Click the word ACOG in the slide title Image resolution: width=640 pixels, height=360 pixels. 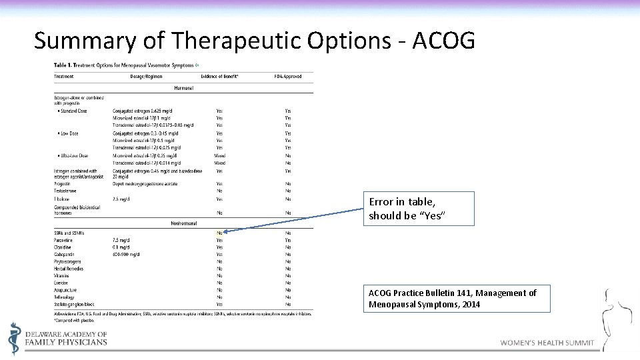pos(444,41)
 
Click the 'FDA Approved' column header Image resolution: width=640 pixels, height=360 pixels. pos(288,77)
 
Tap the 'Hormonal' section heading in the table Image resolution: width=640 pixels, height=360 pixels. pos(183,87)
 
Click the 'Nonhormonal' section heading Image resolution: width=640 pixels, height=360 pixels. pos(183,223)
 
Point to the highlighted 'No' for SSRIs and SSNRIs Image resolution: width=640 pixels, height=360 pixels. pos(219,233)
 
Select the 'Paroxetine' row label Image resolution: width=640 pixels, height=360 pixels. pos(63,240)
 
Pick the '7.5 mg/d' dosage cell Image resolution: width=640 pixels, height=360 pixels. pos(121,240)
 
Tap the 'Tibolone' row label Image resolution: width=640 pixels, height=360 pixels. pos(61,199)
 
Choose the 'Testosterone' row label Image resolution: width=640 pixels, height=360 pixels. pos(65,191)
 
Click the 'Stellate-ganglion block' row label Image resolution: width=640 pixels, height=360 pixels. pos(74,304)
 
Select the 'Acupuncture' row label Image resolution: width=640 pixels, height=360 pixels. pos(65,290)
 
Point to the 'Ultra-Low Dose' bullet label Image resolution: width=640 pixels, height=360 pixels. pos(73,155)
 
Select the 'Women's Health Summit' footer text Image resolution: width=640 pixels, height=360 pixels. pos(547,343)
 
